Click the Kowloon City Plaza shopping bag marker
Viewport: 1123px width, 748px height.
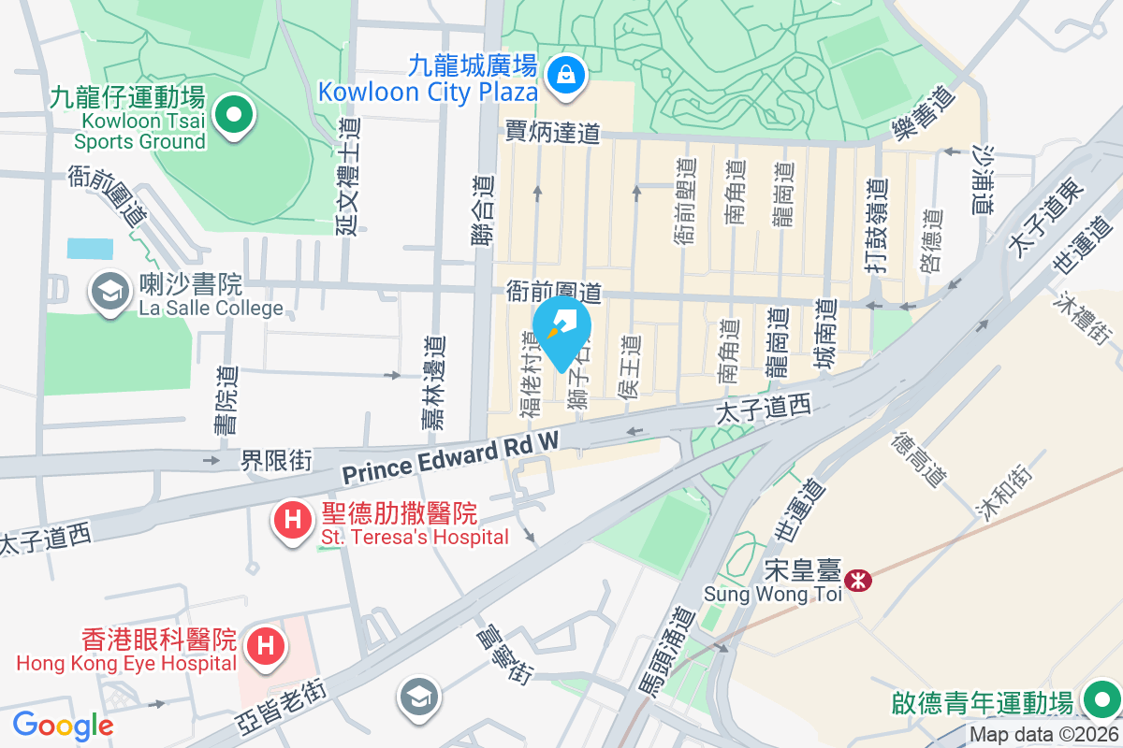coord(566,73)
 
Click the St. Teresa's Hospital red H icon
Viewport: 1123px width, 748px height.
coord(292,520)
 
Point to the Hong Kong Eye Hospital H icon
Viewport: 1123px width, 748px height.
coord(265,646)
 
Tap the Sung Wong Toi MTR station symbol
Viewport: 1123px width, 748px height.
coord(856,580)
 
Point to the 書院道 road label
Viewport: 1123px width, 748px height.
coord(226,402)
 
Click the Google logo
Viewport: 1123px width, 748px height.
coord(63,725)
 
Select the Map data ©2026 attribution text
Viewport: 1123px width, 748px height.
coord(1043,735)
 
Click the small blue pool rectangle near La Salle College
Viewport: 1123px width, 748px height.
coord(90,249)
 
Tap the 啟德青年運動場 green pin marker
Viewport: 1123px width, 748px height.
coord(1100,698)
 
